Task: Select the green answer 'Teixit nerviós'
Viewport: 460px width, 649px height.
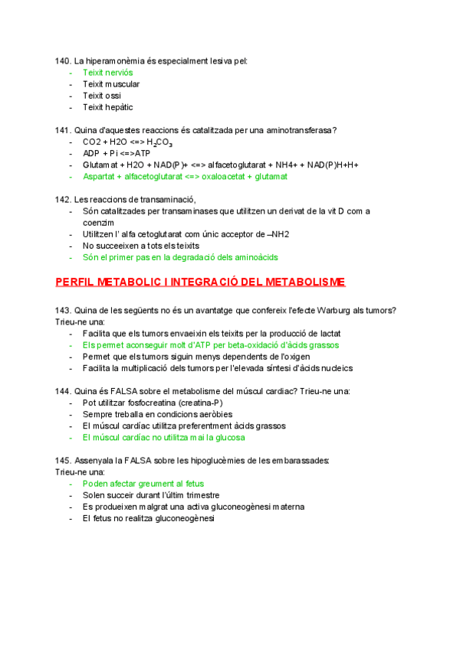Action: (x=107, y=73)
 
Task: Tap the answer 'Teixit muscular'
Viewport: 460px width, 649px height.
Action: (x=111, y=84)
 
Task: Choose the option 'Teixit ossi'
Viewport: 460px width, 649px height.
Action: (x=102, y=96)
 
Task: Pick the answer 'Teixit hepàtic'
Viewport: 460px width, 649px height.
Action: (x=107, y=107)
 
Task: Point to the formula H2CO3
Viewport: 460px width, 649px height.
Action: (x=159, y=142)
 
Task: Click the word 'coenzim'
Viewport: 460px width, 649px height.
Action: (x=99, y=222)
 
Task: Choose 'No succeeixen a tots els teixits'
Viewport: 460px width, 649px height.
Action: (x=140, y=246)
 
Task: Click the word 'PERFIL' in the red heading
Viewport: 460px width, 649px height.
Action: (x=75, y=282)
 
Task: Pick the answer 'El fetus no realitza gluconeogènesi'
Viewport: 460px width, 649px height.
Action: (x=149, y=518)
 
